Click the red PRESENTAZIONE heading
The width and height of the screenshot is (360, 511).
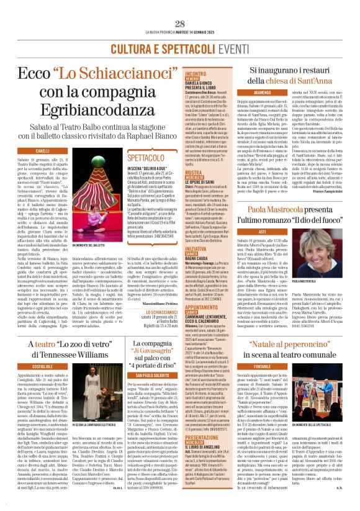(202, 438)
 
